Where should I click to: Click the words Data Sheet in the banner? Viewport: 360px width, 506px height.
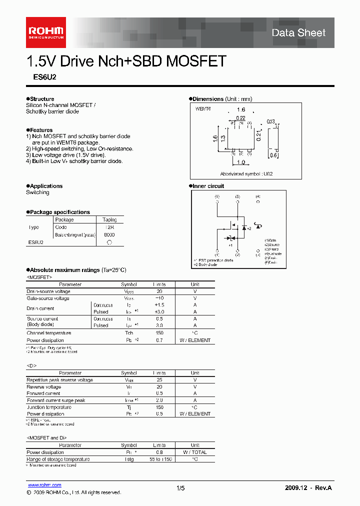tap(298, 33)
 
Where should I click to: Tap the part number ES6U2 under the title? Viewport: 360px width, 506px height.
tap(34, 78)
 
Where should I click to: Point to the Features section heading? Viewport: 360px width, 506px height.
tap(40, 130)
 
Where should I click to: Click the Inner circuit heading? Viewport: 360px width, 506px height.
tap(208, 186)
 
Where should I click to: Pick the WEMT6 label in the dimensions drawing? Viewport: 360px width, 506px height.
tap(202, 108)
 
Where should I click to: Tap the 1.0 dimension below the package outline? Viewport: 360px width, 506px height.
tap(241, 162)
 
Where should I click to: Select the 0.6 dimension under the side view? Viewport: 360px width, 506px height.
tap(273, 155)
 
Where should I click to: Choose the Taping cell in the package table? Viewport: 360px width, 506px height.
tap(109, 219)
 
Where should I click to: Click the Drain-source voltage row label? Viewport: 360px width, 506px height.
tap(48, 291)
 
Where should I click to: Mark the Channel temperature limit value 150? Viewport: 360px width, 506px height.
tap(159, 333)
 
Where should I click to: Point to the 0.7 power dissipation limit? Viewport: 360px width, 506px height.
tap(159, 340)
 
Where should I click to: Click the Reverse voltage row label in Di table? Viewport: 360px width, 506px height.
tap(44, 387)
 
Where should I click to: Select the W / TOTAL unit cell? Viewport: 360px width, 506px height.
tap(195, 452)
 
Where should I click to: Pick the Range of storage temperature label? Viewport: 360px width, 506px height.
tap(58, 459)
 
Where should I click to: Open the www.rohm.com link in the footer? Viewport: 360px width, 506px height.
tap(44, 485)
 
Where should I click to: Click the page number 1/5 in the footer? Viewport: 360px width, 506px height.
tap(180, 487)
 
